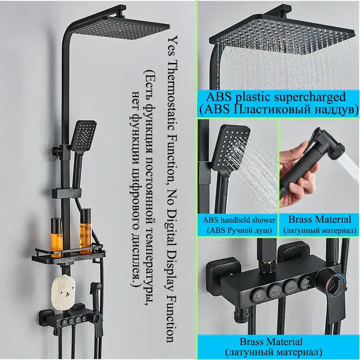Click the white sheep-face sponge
63,293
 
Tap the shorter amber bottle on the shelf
56,237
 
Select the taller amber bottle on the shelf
85,231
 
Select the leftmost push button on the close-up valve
260,295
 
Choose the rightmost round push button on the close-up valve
306,283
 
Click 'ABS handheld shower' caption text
239,220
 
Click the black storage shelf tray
69,256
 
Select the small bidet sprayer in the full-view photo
96,289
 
